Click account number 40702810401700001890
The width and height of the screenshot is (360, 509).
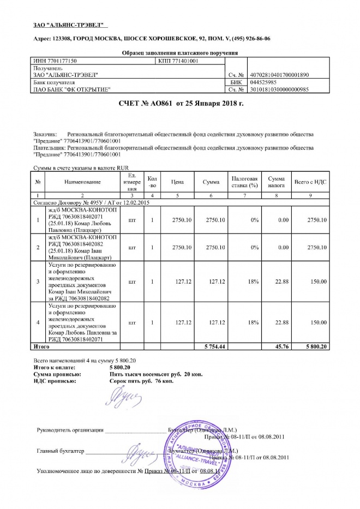(279, 74)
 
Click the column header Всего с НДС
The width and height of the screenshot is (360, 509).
(310, 181)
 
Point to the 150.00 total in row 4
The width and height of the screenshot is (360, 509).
(317, 323)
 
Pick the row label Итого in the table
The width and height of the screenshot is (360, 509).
(42, 346)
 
